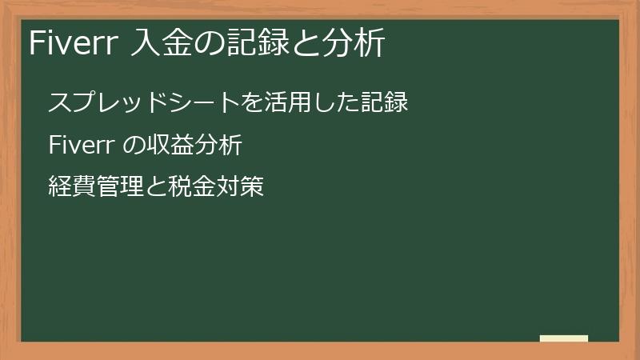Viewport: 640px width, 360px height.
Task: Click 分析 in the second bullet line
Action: tap(218, 146)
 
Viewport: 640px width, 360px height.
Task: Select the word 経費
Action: tap(72, 189)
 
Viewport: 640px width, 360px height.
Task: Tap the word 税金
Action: tap(192, 189)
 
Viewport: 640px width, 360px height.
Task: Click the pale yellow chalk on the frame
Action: tap(564, 338)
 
